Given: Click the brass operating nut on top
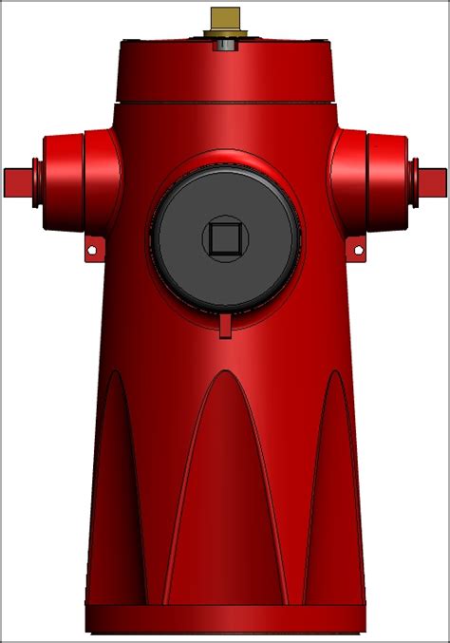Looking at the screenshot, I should point(225,19).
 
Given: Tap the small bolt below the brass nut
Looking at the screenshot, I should point(226,44).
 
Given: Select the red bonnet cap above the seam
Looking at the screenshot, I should point(225,71).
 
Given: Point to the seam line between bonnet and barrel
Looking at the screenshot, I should point(225,103).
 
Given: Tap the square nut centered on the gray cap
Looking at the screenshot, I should point(225,237).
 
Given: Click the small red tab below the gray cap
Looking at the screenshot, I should point(225,326).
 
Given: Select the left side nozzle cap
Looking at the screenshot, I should point(63,180).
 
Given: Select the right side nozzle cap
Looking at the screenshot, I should point(387,180).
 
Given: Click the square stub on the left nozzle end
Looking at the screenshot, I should point(18,180).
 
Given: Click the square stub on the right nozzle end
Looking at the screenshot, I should point(432,180).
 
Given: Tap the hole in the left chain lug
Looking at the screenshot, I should point(92,250).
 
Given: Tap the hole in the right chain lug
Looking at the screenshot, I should point(359,250).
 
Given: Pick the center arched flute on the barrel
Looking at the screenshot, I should point(225,494).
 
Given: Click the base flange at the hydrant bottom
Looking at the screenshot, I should point(225,619).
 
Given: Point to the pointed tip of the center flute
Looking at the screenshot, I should point(225,372).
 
